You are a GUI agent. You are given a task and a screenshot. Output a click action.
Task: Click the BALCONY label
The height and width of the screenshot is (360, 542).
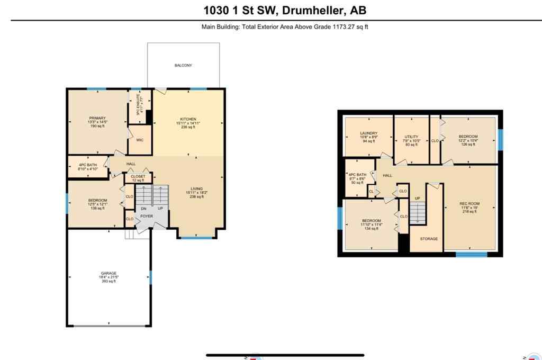pyautogui.click(x=183, y=66)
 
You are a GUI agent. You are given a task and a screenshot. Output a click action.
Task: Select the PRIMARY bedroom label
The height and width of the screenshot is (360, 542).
pyautogui.click(x=97, y=118)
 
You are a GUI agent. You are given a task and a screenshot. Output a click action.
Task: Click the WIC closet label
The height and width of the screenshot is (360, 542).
pyautogui.click(x=140, y=140)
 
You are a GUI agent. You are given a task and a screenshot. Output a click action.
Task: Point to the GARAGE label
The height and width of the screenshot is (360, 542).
pyautogui.click(x=109, y=273)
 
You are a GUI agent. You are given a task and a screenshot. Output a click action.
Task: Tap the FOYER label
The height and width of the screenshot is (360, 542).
pyautogui.click(x=147, y=217)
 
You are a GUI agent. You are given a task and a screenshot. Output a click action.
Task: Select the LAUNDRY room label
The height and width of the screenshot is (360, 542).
pyautogui.click(x=368, y=133)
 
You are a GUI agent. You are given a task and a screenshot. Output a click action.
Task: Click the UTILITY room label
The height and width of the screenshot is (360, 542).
pyautogui.click(x=411, y=137)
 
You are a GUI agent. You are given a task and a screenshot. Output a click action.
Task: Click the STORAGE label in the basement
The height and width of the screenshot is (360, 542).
pyautogui.click(x=429, y=239)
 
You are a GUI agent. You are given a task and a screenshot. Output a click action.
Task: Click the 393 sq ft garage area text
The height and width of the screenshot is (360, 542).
pyautogui.click(x=109, y=281)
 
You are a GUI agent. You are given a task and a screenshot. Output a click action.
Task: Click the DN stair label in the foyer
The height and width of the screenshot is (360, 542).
pyautogui.click(x=142, y=209)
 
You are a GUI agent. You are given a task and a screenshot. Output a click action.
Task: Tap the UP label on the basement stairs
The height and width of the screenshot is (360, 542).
pyautogui.click(x=417, y=199)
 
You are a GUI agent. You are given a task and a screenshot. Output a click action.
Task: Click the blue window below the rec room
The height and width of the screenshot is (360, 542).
pyautogui.click(x=471, y=255)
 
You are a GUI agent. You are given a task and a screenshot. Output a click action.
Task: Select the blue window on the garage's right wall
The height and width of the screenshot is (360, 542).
pyautogui.click(x=150, y=277)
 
